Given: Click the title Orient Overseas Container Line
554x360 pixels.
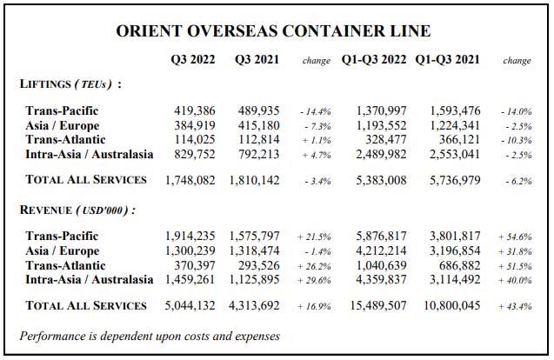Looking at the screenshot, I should click(x=273, y=31).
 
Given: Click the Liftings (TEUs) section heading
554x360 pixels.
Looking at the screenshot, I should click(x=70, y=84).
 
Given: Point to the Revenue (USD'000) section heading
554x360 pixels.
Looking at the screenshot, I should click(x=77, y=210).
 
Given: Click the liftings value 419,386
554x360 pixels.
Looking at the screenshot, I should click(x=197, y=111).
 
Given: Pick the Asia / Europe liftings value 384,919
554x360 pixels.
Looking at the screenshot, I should click(x=197, y=125).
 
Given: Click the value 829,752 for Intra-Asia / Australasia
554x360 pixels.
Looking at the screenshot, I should click(x=197, y=154).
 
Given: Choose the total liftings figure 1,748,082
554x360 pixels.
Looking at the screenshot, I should click(x=192, y=180).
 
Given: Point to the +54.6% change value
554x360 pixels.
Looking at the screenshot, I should click(x=516, y=237).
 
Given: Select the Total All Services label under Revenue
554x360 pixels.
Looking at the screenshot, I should click(x=86, y=305).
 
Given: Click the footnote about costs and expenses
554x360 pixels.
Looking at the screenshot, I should click(x=150, y=335).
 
